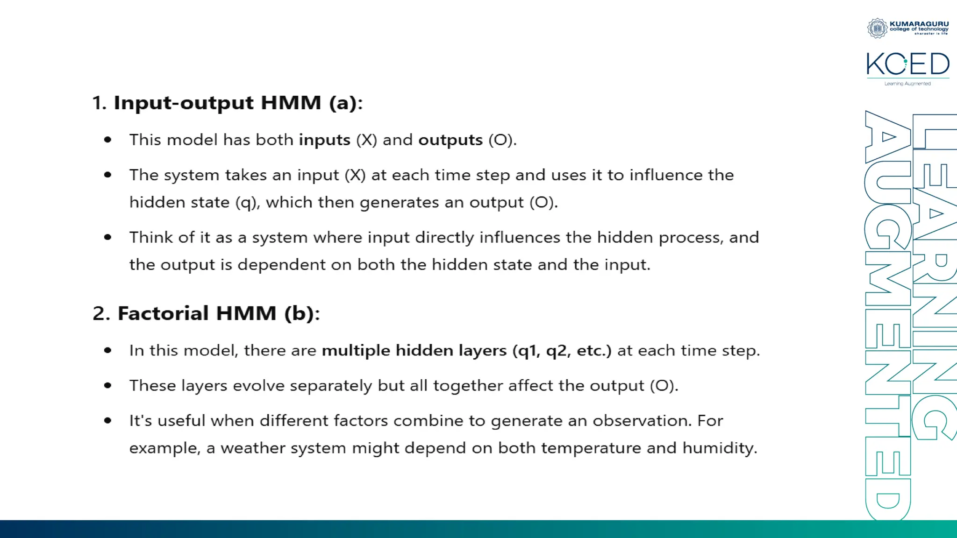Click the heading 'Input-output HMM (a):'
point(238,103)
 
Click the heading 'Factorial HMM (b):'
point(218,313)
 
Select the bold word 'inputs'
point(325,140)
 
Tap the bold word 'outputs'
point(450,140)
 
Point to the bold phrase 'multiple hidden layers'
point(414,350)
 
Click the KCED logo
point(907,64)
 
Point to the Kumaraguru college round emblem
point(877,28)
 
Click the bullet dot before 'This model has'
point(108,140)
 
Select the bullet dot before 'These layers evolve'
point(108,385)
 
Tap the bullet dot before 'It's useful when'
point(108,420)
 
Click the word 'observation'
point(642,421)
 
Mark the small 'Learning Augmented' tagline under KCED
point(907,84)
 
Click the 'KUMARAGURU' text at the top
point(919,24)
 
